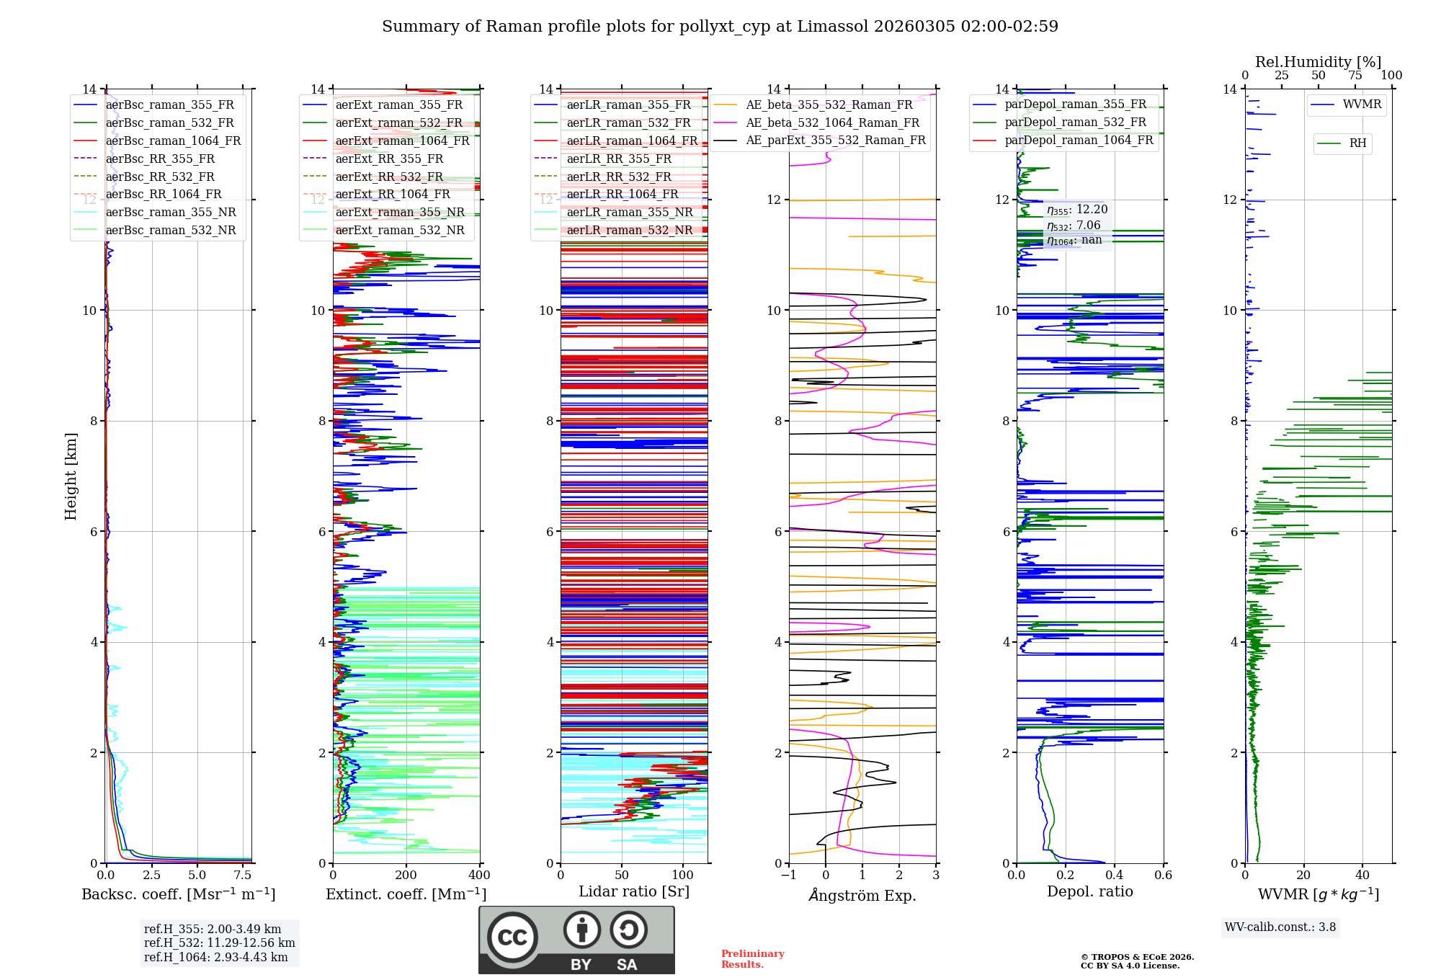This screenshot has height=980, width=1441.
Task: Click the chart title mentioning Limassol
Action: tap(720, 27)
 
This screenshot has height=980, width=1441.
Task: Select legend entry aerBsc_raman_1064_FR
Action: tap(173, 141)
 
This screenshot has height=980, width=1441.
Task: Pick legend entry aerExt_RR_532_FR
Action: tap(389, 177)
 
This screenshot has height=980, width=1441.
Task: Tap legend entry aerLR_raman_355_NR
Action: tap(630, 212)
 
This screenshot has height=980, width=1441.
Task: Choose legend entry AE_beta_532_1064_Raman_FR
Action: tap(832, 122)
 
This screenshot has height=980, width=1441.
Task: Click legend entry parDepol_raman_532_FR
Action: tap(1075, 122)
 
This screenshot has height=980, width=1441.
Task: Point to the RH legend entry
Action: tap(1357, 143)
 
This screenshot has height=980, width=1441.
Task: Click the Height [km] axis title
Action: tap(71, 476)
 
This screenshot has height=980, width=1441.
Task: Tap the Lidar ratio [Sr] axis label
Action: tap(634, 891)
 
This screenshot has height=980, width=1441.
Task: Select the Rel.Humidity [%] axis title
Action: tap(1318, 62)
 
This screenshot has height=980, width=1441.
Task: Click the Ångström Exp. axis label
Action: tap(862, 895)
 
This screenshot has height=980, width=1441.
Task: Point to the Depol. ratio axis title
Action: tap(1089, 891)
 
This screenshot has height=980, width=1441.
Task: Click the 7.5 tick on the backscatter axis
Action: tap(243, 875)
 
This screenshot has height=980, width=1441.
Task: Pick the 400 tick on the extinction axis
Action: tap(479, 875)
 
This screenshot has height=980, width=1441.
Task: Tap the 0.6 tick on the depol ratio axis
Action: tap(1163, 875)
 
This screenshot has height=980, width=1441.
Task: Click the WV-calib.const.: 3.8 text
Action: tap(1280, 927)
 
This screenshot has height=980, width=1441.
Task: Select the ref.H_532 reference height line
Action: tap(219, 943)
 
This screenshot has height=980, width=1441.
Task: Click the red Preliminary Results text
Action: tap(752, 958)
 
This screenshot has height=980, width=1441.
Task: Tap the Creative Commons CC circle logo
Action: tap(512, 937)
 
